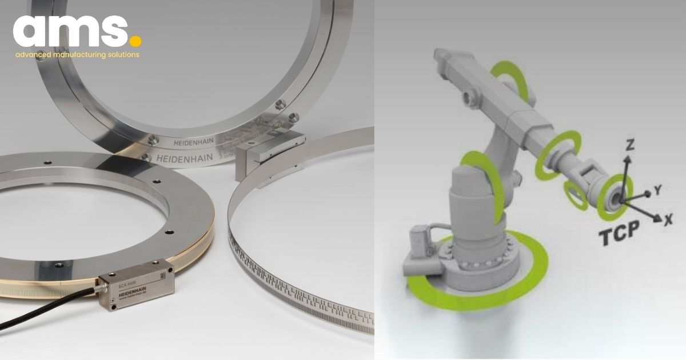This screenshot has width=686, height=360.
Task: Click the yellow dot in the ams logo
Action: (135, 41)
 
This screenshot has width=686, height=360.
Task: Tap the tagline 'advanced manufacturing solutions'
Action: (77, 55)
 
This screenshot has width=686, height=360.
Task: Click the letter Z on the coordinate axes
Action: (630, 145)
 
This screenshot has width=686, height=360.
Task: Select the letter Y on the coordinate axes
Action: (658, 190)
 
